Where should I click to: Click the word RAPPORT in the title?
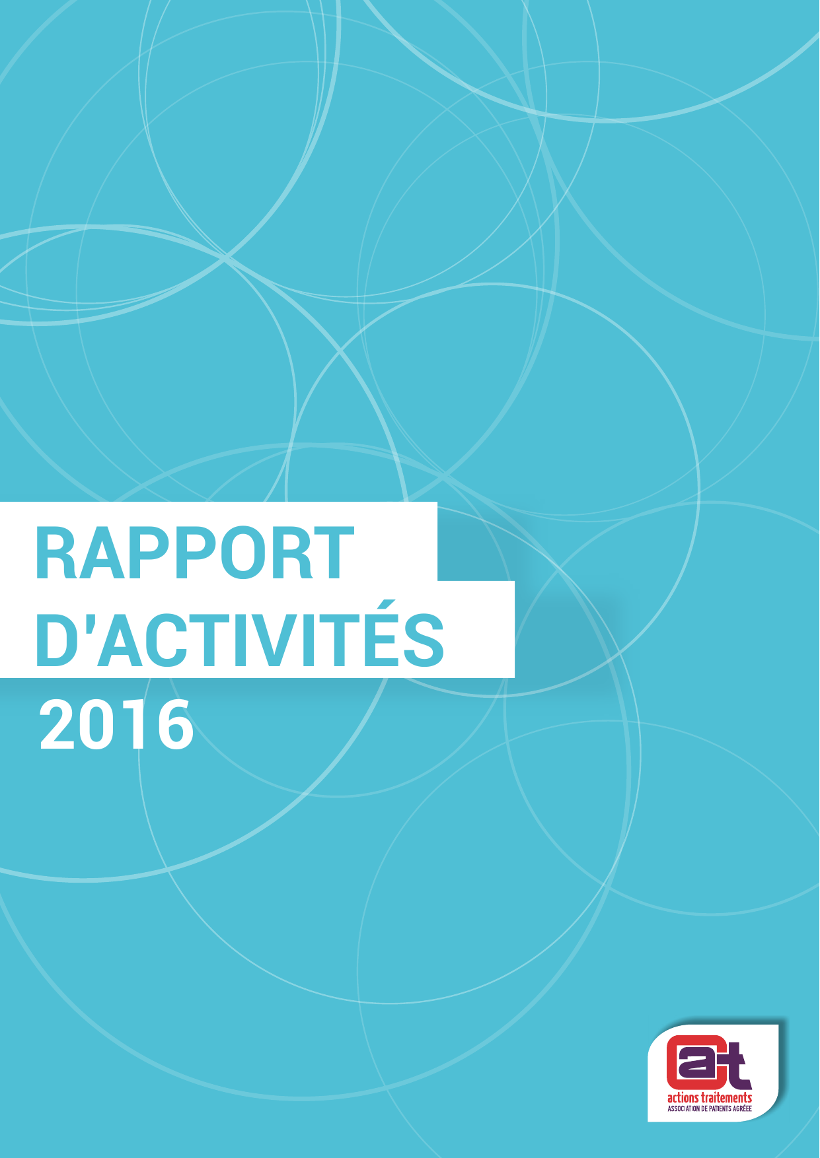point(195,553)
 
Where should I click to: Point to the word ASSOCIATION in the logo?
point(683,1108)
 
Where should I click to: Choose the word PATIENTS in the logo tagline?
point(720,1108)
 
